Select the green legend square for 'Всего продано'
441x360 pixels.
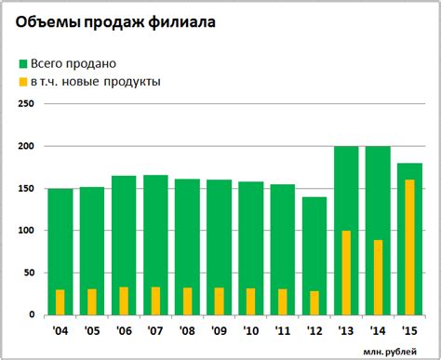tap(23, 63)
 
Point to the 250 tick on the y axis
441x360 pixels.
tap(26, 104)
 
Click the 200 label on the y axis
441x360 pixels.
tap(26, 146)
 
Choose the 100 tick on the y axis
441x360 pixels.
tap(26, 230)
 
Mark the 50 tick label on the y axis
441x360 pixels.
tap(29, 273)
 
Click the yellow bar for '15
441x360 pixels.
tap(410, 247)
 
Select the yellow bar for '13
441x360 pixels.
tap(347, 272)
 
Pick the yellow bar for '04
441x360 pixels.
tap(60, 301)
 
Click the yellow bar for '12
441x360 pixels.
tap(314, 302)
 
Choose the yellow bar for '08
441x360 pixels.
tap(187, 300)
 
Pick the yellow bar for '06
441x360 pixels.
tap(124, 300)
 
